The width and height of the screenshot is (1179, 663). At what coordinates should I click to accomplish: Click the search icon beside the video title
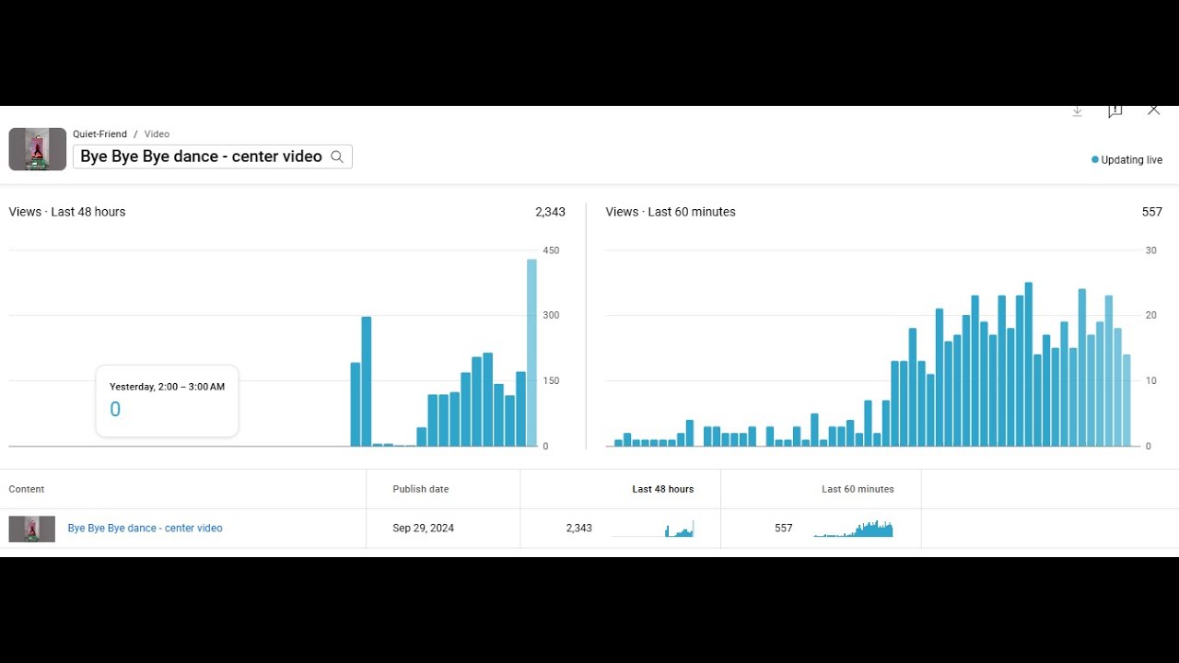[x=337, y=157]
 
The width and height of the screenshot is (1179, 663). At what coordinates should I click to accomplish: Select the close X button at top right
[x=1153, y=110]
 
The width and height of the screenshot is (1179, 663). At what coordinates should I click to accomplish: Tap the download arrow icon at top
[x=1077, y=110]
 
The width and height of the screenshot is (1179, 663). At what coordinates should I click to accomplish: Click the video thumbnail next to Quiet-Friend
[x=38, y=149]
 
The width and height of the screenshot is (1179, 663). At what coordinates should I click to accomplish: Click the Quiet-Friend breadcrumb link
[x=99, y=134]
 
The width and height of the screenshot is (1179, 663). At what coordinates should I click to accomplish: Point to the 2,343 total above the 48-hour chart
[x=550, y=212]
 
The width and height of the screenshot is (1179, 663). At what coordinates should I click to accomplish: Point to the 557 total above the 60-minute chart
[x=1151, y=212]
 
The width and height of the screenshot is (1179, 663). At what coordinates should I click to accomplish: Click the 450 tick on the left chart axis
[x=551, y=250]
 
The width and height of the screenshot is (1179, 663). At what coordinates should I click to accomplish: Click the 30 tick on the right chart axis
[x=1150, y=250]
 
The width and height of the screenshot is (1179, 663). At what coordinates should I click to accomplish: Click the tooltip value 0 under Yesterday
[x=115, y=410]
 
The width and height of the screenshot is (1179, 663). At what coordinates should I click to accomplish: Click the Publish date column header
[x=420, y=489]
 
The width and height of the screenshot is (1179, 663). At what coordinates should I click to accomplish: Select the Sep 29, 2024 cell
[x=423, y=529]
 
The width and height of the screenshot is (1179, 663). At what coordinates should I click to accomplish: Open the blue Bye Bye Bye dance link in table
[x=145, y=529]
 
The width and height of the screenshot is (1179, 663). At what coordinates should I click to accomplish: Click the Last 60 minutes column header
[x=858, y=489]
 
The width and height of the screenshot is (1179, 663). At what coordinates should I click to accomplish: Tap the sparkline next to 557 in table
[x=853, y=529]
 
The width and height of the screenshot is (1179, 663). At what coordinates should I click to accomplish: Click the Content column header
[x=27, y=489]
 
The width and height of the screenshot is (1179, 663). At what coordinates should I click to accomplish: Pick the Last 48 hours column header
[x=662, y=489]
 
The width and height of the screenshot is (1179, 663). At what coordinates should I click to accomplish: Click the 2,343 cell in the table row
[x=578, y=529]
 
